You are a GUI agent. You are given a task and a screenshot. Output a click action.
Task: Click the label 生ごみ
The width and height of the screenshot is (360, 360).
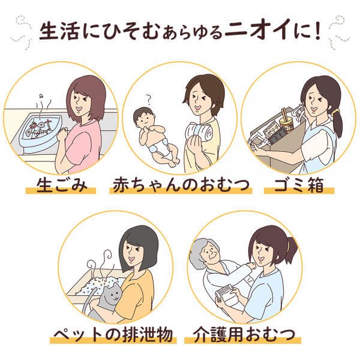(62, 185)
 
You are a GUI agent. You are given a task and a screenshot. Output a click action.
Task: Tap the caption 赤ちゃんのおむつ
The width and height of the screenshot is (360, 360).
(181, 185)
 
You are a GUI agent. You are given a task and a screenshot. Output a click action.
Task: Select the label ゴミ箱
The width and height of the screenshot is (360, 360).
(299, 185)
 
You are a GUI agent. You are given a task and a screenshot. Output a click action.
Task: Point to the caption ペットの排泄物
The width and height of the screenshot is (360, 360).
(113, 335)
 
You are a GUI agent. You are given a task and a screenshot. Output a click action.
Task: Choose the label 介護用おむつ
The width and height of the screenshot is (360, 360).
(244, 335)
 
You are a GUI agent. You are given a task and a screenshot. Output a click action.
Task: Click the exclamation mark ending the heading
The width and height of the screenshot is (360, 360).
(317, 31)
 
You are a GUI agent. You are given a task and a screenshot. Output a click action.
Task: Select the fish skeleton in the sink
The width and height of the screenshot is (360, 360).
(38, 129)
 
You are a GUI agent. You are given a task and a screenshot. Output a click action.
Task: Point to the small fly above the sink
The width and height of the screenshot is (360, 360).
(41, 96)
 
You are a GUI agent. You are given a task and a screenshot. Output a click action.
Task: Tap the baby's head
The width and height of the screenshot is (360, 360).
(144, 118)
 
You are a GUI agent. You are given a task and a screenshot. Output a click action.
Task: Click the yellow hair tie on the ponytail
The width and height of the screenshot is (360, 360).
(337, 112)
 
